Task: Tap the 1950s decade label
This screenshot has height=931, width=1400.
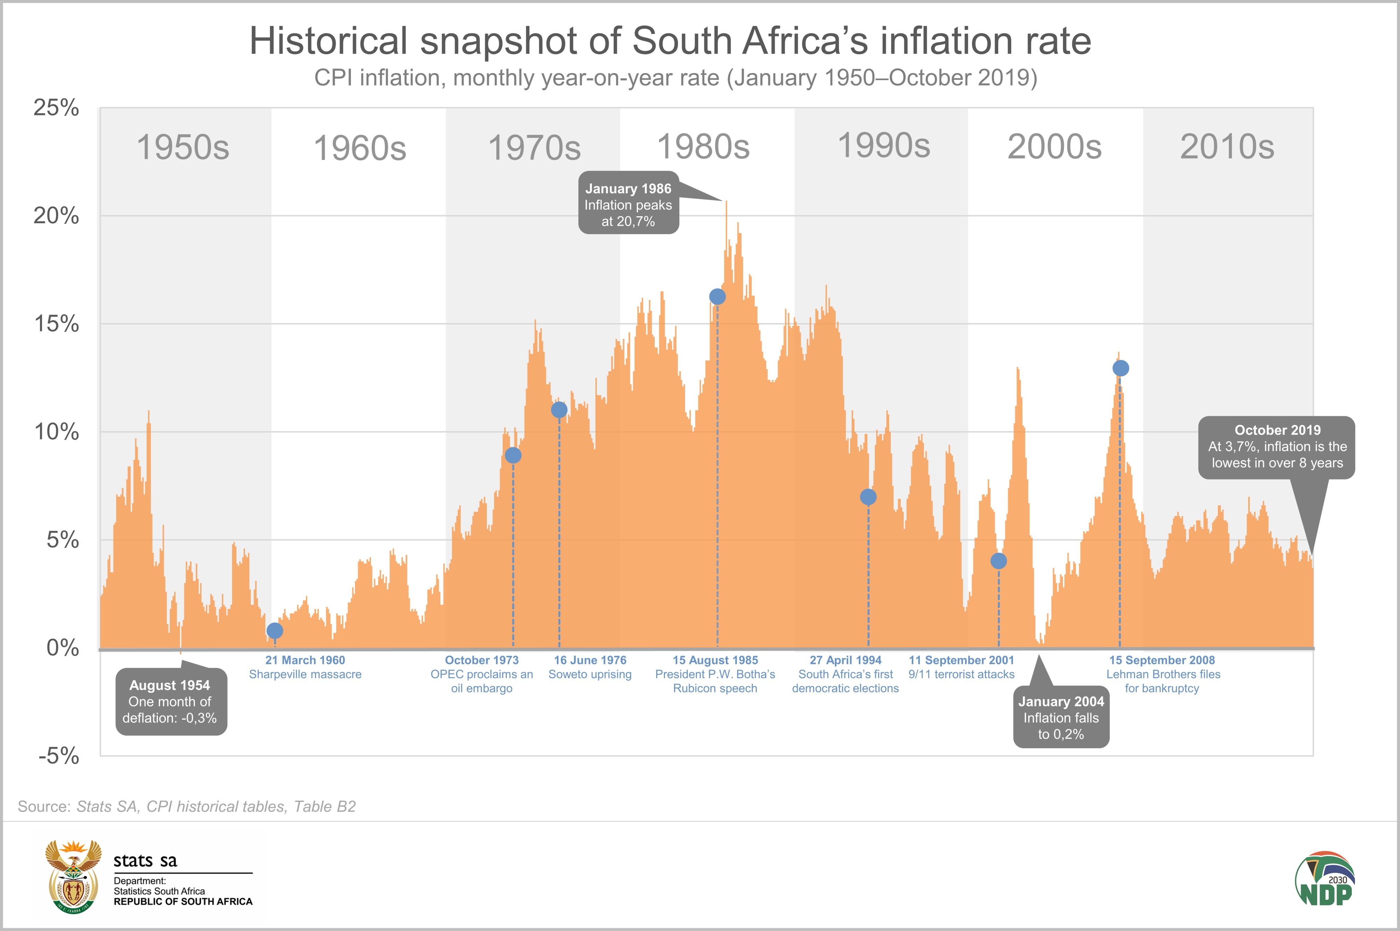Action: [x=183, y=147]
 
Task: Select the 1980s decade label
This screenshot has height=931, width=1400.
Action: [x=703, y=147]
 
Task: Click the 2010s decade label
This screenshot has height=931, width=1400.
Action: [x=1227, y=147]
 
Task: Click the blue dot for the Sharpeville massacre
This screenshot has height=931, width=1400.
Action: [x=274, y=631]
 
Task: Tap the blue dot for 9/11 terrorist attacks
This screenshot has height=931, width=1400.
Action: [x=999, y=560]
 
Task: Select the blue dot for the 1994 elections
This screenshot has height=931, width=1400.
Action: [x=868, y=497]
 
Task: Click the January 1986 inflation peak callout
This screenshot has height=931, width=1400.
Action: [x=628, y=205]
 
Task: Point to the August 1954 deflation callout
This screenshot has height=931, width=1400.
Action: [x=170, y=701]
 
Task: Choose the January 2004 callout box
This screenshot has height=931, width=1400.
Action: [x=1061, y=717]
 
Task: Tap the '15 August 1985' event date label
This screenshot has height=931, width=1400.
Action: [x=715, y=660]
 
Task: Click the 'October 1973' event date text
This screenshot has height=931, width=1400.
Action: [x=482, y=660]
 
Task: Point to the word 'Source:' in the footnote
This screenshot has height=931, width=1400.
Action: [x=44, y=806]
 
